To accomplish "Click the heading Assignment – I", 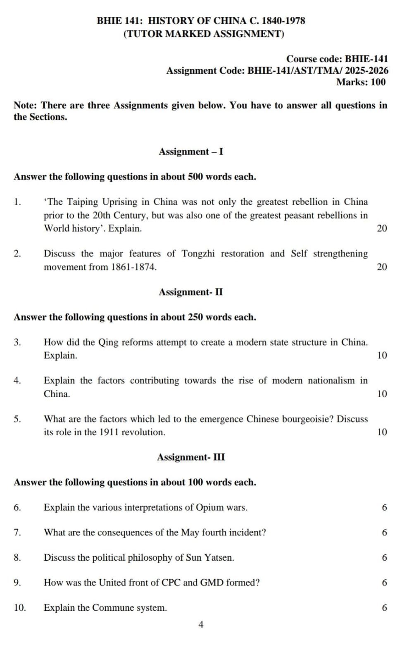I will (x=191, y=151).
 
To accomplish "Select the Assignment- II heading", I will (x=190, y=292).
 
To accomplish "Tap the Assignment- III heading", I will (x=191, y=457).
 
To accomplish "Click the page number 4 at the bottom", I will (x=201, y=625).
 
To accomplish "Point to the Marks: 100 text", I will (x=361, y=82).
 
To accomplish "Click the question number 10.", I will (x=19, y=608).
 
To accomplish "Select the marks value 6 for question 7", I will (x=384, y=532).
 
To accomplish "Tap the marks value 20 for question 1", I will (x=382, y=228).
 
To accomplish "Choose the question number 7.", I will (x=17, y=532).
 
